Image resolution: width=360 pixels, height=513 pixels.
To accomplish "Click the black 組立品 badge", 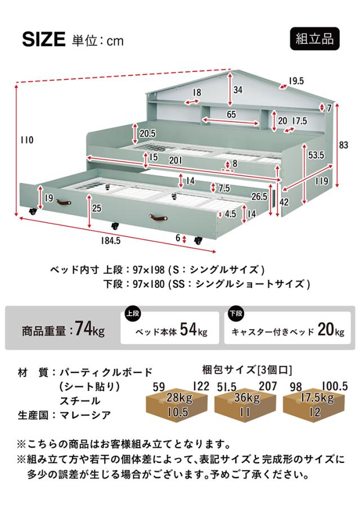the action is [x=314, y=39].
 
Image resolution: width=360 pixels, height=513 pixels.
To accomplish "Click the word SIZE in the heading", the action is [x=44, y=39].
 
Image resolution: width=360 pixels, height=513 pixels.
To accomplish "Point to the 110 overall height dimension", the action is [x=27, y=140].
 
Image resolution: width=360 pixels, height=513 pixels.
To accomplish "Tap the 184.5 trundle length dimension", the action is [x=111, y=241].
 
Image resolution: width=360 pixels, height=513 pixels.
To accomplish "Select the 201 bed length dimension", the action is [x=175, y=160].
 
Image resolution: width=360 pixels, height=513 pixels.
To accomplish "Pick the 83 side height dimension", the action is [x=343, y=145].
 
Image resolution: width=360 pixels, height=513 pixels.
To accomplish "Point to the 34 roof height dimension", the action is [x=238, y=89].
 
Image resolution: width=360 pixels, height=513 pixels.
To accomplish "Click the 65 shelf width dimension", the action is [x=231, y=114].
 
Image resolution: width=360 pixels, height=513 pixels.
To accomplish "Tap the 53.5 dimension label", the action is [x=316, y=155].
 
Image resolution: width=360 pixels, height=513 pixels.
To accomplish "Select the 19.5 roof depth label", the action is [x=296, y=81].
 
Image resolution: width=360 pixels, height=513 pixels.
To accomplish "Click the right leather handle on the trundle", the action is [x=159, y=217].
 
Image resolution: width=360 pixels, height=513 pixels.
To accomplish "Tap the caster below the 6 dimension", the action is [x=198, y=241].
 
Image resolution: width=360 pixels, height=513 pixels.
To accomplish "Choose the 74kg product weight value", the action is [x=89, y=329].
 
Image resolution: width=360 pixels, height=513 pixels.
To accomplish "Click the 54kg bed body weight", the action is [x=193, y=330].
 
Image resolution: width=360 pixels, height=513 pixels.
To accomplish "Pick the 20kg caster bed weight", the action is [x=331, y=330].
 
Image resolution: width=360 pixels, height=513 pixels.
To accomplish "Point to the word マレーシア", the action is [x=85, y=415].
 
